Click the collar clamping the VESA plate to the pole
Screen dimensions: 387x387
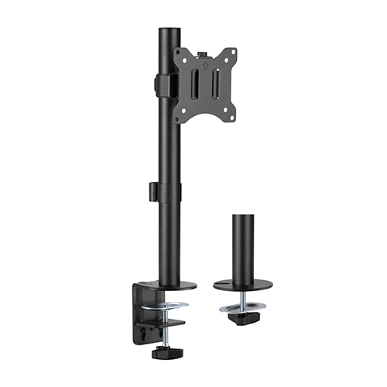(161, 85)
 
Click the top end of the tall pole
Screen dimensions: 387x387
(169, 31)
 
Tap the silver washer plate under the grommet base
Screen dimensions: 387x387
(243, 308)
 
